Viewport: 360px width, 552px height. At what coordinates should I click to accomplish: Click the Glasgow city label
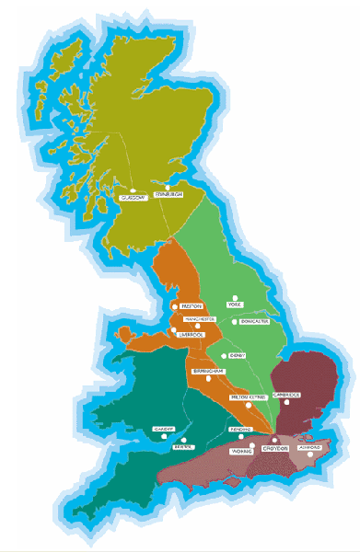coord(134,197)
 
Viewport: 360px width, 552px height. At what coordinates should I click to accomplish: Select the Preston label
coord(192,305)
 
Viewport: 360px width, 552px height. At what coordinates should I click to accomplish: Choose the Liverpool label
coord(189,335)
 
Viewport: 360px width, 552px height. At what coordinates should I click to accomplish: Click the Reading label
coord(241,430)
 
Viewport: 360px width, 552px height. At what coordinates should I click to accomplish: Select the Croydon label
coord(277,448)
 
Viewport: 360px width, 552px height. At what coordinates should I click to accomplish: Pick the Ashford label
coord(310,448)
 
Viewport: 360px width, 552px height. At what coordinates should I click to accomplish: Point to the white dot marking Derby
coord(224,353)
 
